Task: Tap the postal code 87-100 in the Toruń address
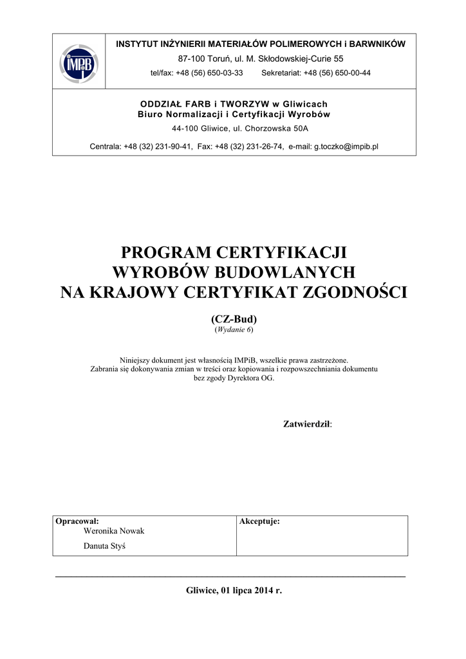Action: [x=191, y=59]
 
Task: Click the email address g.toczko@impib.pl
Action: [x=346, y=146]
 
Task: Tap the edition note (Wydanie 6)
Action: [x=234, y=329]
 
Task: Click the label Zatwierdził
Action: [x=307, y=423]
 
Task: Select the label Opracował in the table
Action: [x=77, y=521]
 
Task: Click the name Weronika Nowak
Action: [x=114, y=531]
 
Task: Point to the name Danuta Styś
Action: [x=106, y=546]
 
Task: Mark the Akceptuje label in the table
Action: [x=259, y=521]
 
